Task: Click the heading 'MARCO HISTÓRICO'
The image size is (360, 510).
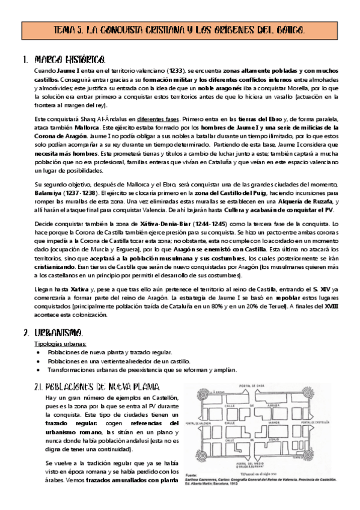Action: pyautogui.click(x=71, y=60)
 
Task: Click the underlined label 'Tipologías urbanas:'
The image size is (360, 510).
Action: pyautogui.click(x=61, y=343)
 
